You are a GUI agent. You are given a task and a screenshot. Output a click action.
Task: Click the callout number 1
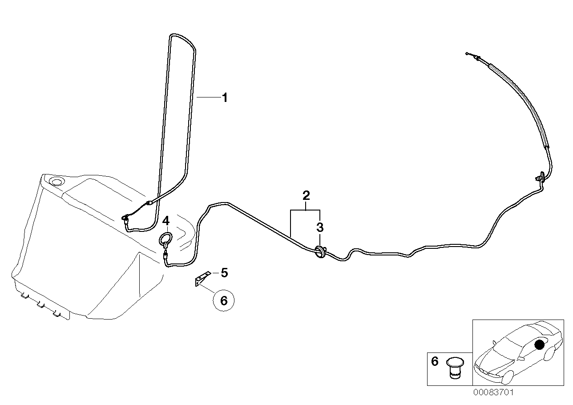(x=225, y=97)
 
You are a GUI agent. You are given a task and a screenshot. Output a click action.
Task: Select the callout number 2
(x=306, y=195)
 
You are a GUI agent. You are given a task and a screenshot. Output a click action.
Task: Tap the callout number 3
(x=320, y=227)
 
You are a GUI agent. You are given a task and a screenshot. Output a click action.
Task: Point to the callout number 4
(x=165, y=220)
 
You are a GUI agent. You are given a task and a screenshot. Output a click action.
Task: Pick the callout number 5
(x=224, y=272)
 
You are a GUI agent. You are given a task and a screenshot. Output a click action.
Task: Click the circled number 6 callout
(x=224, y=301)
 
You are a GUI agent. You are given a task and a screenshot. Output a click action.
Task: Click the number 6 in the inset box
(x=435, y=361)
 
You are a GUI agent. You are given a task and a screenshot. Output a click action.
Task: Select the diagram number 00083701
(x=493, y=393)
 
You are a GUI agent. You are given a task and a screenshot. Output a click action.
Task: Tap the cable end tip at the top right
(x=467, y=53)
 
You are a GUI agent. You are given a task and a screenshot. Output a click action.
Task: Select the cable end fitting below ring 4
(x=165, y=255)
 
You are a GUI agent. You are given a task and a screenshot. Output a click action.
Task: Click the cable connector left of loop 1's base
(x=125, y=218)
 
